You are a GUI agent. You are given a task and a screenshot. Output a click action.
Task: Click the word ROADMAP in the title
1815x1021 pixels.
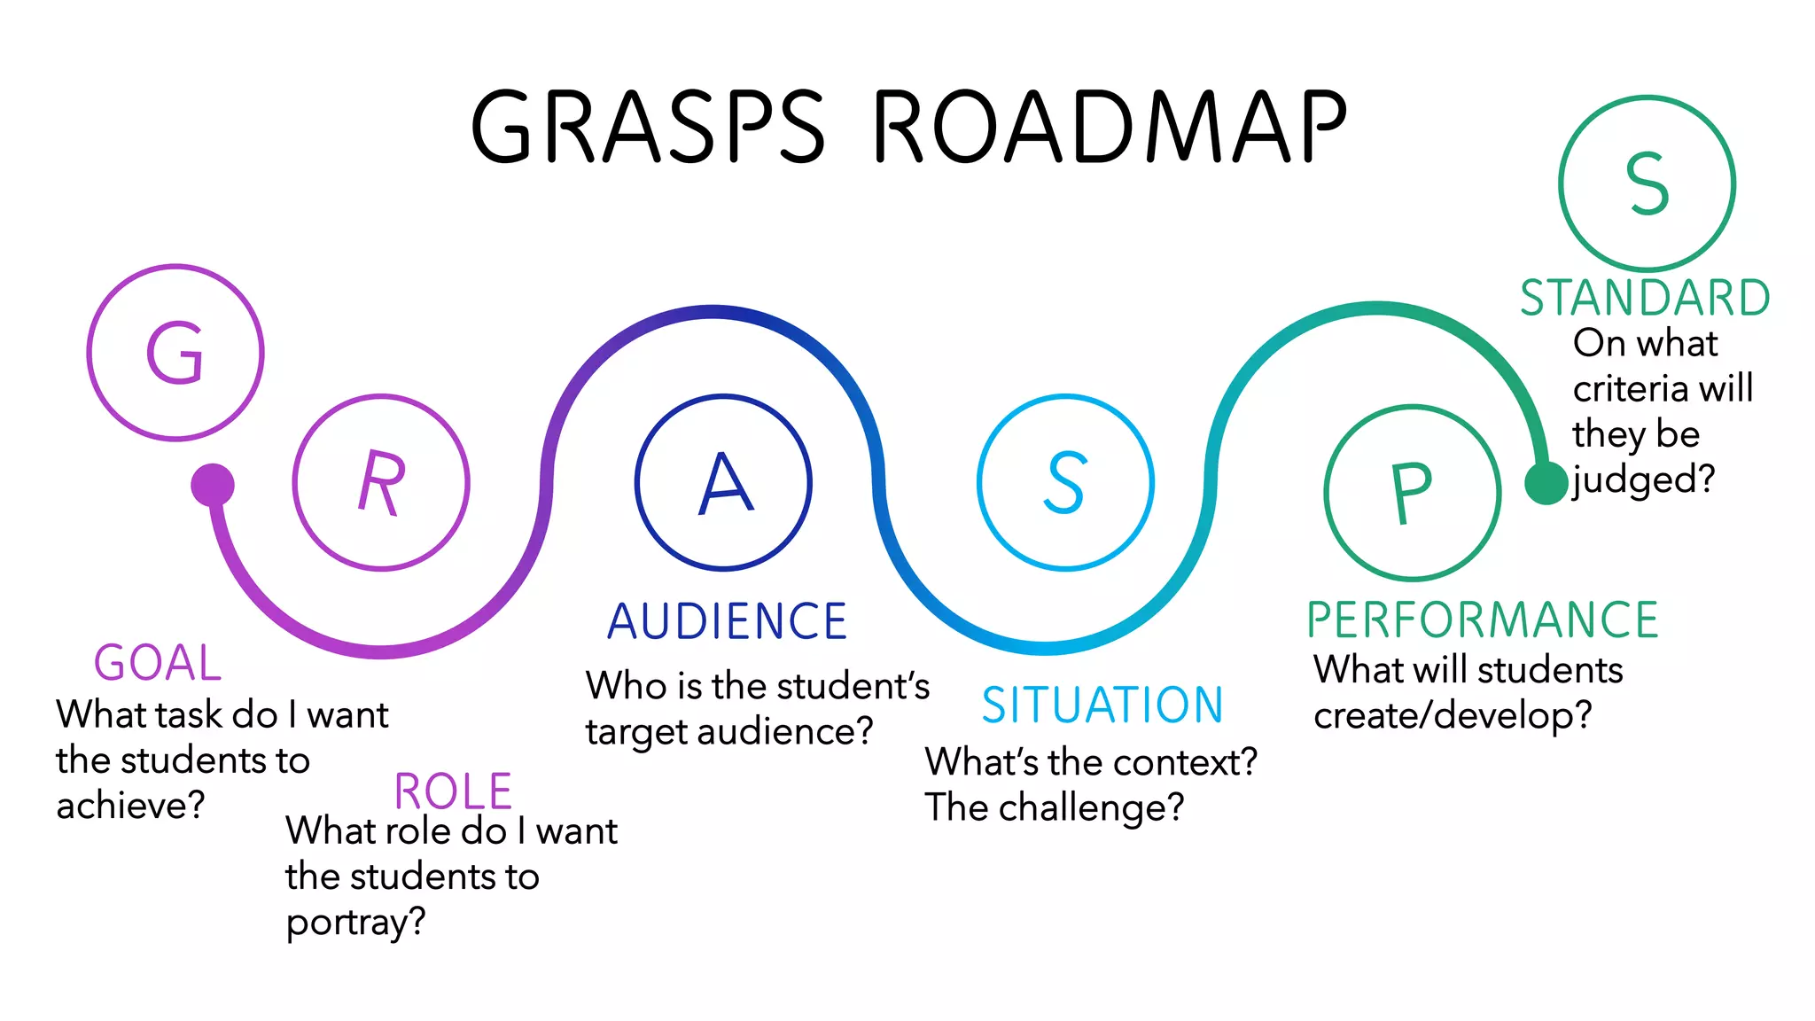pos(1110,127)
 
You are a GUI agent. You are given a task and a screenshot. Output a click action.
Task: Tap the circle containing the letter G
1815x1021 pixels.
pos(175,353)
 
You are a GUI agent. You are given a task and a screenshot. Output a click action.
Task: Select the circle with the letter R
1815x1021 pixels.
pos(381,482)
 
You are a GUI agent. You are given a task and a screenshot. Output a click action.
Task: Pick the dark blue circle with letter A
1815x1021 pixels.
pos(723,482)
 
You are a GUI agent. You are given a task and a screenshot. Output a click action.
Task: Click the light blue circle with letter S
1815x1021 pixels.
pos(1065,482)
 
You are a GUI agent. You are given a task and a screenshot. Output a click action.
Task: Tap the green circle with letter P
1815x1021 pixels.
pos(1413,493)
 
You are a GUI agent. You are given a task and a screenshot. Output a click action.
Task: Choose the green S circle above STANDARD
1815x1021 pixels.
pos(1647,183)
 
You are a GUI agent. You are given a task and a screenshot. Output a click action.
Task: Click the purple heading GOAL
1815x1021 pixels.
pos(158,663)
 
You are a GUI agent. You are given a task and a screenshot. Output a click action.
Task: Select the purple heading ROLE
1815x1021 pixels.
pos(453,791)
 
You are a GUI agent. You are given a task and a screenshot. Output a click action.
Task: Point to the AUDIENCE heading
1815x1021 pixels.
pos(727,621)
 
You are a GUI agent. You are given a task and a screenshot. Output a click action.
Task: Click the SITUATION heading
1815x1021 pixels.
pos(1102,705)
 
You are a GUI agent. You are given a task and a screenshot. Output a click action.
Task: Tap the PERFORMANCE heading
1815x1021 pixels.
pos(1482,620)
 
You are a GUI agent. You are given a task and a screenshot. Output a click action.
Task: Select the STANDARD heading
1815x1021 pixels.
pos(1645,298)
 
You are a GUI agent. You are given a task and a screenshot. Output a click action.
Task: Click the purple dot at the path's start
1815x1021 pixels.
pos(213,485)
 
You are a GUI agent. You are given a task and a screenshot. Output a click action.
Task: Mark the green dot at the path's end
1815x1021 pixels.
pos(1546,483)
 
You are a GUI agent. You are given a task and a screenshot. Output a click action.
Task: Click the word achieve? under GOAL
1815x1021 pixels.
pos(131,806)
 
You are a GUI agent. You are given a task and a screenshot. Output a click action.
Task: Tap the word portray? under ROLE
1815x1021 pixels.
pos(355,923)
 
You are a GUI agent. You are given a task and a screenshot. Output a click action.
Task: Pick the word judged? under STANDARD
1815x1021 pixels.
pos(1644,480)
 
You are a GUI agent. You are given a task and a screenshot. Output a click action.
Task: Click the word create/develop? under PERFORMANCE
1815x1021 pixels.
pos(1453,715)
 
